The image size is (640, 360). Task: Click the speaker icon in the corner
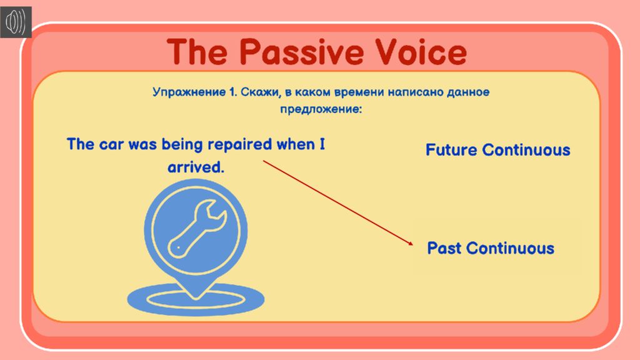[16, 22]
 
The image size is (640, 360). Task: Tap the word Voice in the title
[421, 52]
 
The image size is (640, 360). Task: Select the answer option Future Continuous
[497, 150]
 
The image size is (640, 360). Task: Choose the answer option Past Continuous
[491, 248]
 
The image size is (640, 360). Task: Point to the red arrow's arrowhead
[410, 243]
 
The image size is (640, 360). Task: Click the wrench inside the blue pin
[197, 228]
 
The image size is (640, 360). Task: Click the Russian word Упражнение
[189, 92]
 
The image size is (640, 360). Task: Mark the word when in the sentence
[296, 144]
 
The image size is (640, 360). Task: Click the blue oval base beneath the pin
[196, 300]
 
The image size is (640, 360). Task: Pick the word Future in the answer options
[451, 150]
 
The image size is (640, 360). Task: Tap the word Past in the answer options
[444, 248]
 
